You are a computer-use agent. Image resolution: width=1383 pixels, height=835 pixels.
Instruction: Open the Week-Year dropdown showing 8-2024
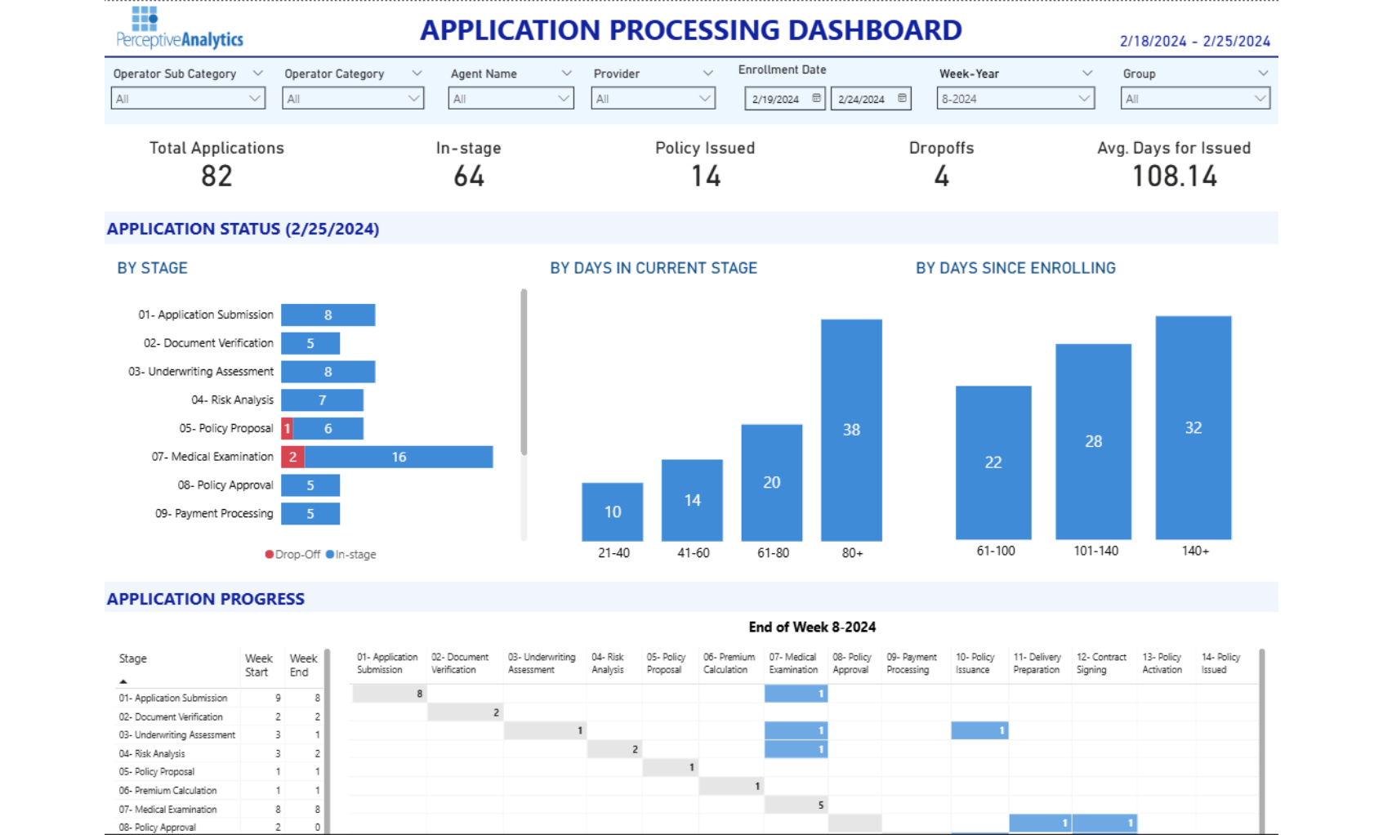pos(1015,99)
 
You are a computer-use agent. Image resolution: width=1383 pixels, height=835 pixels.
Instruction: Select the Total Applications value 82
pos(216,176)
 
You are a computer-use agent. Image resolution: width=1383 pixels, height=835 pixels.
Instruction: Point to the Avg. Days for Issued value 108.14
pos(1174,176)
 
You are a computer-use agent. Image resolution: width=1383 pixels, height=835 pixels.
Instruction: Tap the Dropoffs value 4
pos(941,176)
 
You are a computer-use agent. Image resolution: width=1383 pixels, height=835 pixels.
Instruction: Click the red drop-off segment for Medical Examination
pos(292,457)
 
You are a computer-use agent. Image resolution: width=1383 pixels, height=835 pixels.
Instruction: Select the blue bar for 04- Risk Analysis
pos(322,400)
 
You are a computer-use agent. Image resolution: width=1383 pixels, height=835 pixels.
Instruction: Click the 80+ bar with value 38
pos(851,430)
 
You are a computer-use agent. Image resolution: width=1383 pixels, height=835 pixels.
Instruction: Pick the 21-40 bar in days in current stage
pos(612,511)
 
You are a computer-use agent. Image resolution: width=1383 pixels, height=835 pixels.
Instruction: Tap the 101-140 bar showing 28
pos(1093,441)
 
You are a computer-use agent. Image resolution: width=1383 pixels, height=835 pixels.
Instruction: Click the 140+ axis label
pos(1194,551)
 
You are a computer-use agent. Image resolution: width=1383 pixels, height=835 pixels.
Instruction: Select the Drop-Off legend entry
pos(292,554)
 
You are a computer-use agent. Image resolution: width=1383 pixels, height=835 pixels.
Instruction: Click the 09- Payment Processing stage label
pos(214,514)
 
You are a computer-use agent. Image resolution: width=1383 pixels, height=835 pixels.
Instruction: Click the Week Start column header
pos(258,665)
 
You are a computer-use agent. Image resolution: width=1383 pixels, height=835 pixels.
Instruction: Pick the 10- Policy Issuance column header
pos(975,663)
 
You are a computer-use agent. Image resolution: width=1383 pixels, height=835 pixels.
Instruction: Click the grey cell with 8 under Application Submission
pos(390,694)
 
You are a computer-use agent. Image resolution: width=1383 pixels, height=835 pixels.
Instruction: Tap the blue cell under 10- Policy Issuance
pos(979,730)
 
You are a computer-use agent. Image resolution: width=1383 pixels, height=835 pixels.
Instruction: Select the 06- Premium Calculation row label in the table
pos(168,791)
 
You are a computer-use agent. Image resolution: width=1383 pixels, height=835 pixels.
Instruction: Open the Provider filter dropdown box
pos(653,99)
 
